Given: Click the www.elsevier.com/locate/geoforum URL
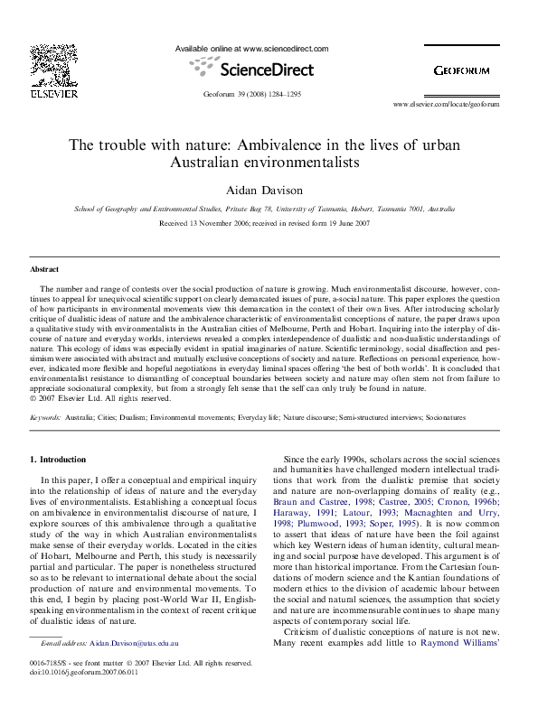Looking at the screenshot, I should (445, 105).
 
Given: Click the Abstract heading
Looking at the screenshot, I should (44, 269).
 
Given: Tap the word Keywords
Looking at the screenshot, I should (45, 418).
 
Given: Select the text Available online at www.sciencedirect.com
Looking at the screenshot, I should (251, 49).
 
